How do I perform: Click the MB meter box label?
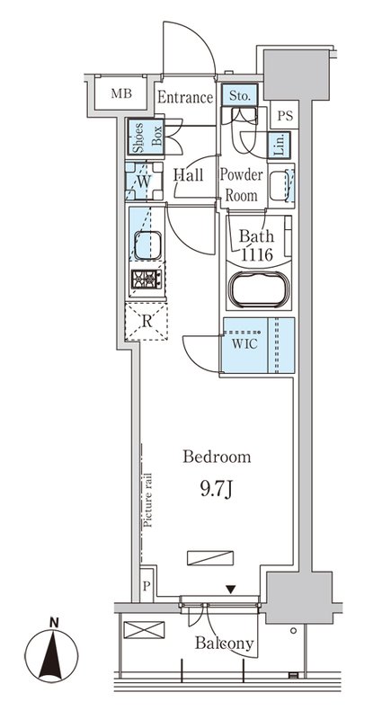click(121, 94)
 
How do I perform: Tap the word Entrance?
click(185, 98)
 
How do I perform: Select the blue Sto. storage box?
click(239, 95)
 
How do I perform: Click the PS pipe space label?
click(285, 115)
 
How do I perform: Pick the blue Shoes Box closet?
click(146, 138)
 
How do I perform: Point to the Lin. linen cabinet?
click(279, 145)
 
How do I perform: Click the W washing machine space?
click(144, 182)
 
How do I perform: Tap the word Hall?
click(188, 174)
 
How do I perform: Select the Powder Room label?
click(241, 185)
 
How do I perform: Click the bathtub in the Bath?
click(259, 289)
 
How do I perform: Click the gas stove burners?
click(147, 279)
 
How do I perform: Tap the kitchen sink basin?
click(147, 244)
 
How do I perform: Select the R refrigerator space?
click(147, 321)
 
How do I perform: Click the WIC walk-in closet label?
click(244, 344)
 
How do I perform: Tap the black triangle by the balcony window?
click(232, 590)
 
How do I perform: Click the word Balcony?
click(224, 644)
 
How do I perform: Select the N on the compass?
click(54, 623)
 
